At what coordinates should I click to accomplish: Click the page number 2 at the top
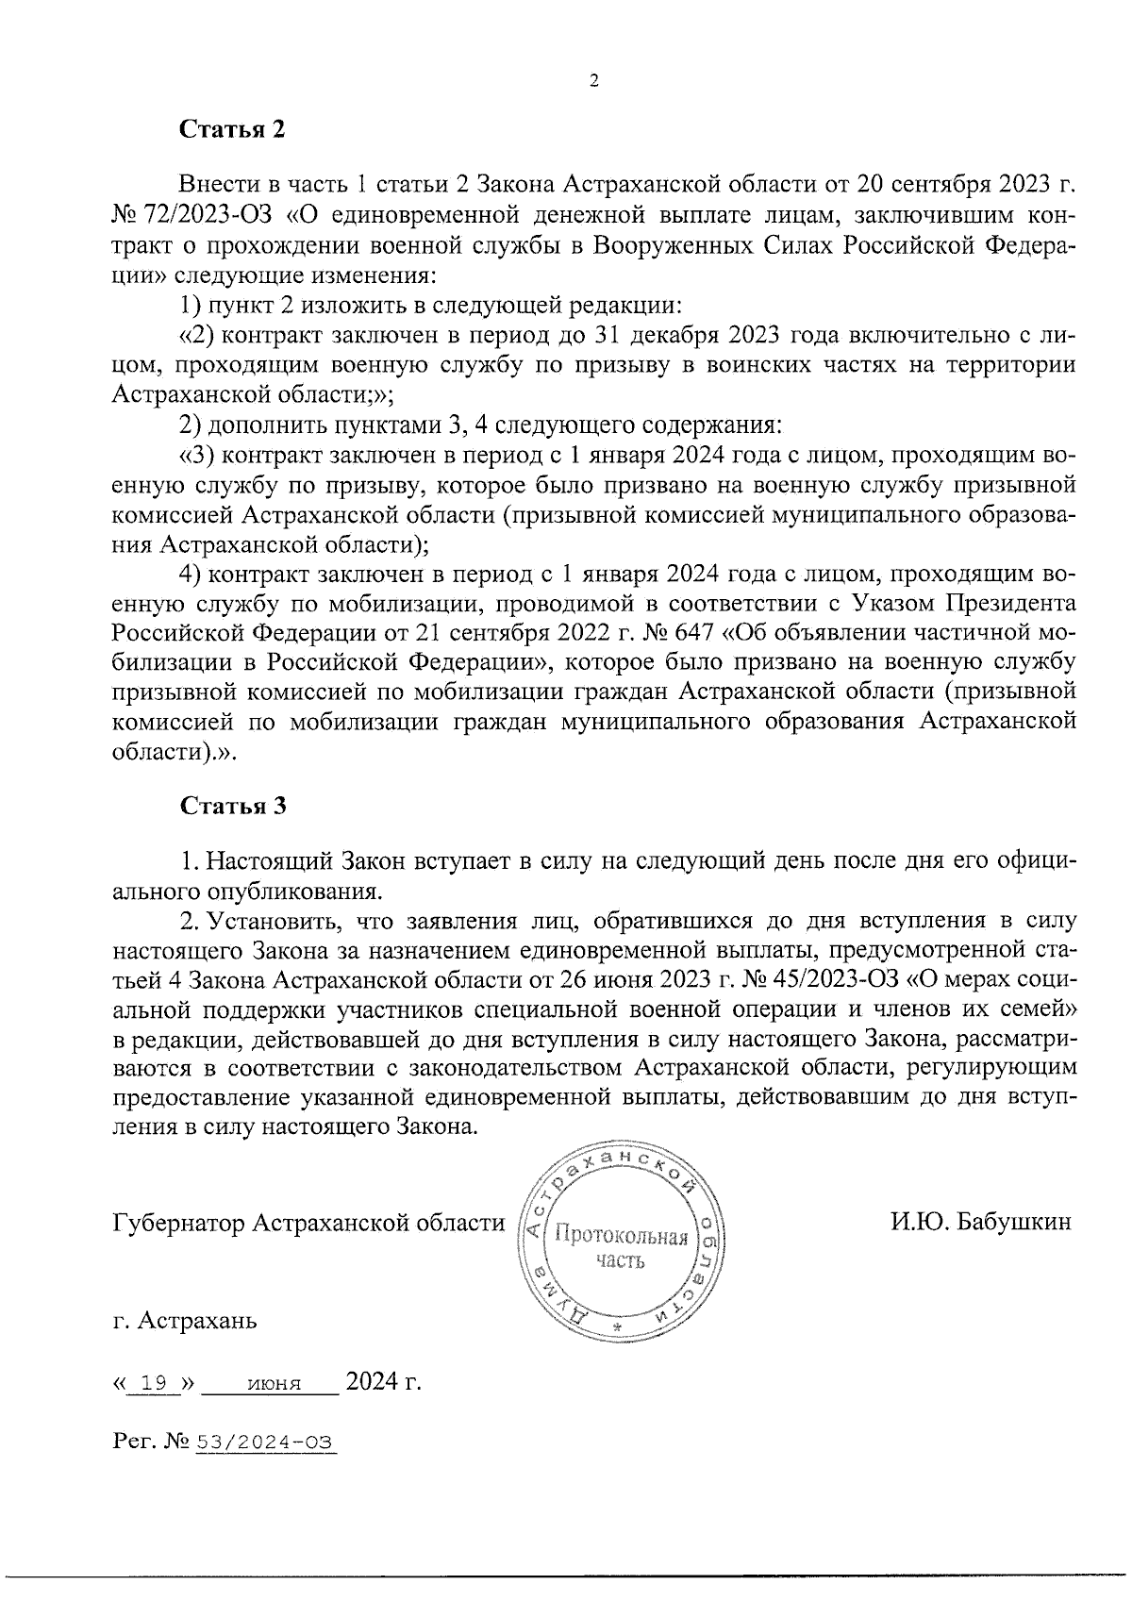point(593,81)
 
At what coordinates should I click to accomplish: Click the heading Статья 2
point(231,129)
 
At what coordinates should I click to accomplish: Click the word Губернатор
point(179,1224)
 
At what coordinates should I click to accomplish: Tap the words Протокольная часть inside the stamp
point(620,1245)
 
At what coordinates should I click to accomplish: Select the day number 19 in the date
point(154,1384)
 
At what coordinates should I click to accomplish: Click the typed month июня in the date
point(273,1385)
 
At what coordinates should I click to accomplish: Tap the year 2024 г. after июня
point(382,1383)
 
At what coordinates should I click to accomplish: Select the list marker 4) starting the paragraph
point(191,573)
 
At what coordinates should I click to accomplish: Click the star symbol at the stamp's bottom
point(618,1326)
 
